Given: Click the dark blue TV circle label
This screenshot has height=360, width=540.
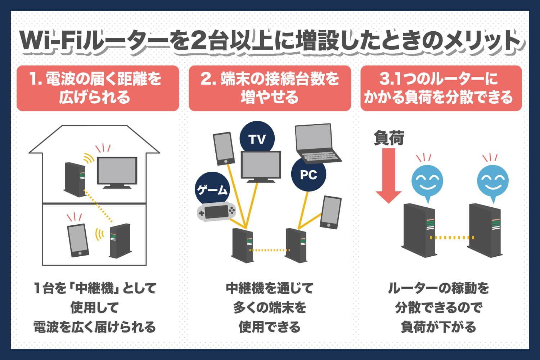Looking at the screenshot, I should pyautogui.click(x=257, y=138).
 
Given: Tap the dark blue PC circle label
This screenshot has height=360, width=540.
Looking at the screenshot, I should pyautogui.click(x=309, y=175).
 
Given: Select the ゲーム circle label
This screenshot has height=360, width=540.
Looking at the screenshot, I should pyautogui.click(x=212, y=189).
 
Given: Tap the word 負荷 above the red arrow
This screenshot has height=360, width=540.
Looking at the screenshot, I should pyautogui.click(x=389, y=138).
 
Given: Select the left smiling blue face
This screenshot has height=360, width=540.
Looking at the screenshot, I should pyautogui.click(x=427, y=180).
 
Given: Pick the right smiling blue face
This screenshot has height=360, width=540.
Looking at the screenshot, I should pyautogui.click(x=493, y=180).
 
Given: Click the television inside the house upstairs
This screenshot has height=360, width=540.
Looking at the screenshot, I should pyautogui.click(x=117, y=172).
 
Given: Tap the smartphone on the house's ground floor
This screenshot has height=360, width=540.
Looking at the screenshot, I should pyautogui.click(x=78, y=240).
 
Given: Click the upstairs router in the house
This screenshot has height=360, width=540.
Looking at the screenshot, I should pyautogui.click(x=75, y=179).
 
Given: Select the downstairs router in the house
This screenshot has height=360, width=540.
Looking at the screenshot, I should pyautogui.click(x=120, y=241).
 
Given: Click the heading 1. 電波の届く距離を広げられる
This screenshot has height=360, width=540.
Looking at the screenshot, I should pyautogui.click(x=98, y=88).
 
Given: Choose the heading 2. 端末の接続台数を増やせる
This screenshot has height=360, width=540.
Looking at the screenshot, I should pyautogui.click(x=270, y=88).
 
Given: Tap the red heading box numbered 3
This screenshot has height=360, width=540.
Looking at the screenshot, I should pyautogui.click(x=441, y=88).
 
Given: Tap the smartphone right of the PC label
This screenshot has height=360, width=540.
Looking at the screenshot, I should pyautogui.click(x=330, y=212).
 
